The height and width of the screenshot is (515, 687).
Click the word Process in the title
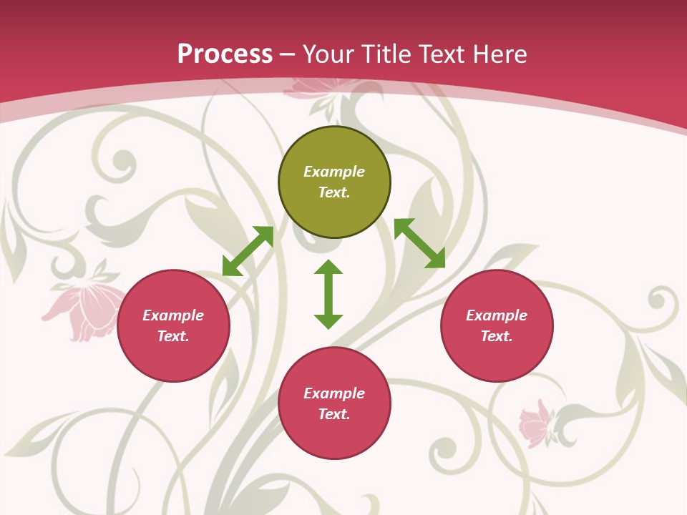[225, 54]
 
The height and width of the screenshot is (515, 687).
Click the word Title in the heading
[385, 54]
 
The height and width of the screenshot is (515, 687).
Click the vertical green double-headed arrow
[328, 293]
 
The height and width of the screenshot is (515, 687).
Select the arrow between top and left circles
[248, 250]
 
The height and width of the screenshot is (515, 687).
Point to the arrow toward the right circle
[419, 243]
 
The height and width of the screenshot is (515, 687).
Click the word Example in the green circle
[334, 172]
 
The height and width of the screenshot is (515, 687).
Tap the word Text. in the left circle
[173, 336]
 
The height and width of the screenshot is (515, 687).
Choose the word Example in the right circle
[497, 315]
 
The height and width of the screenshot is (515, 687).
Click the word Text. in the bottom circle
[334, 414]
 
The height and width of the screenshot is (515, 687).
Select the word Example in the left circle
[173, 315]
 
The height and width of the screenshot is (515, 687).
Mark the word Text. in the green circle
[334, 192]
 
